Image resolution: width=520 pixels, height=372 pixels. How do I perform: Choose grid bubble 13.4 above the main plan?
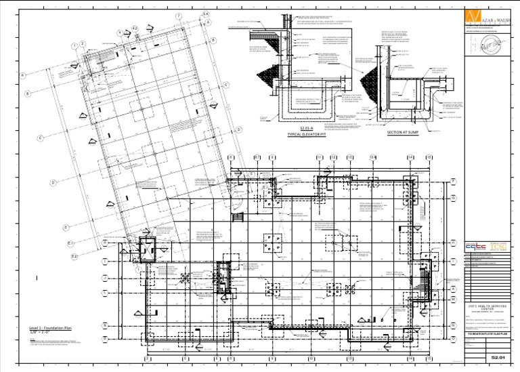coord(372,158)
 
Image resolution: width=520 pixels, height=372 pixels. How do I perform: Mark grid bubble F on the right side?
coord(453,181)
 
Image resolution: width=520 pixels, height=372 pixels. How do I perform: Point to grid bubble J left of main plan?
coord(104,278)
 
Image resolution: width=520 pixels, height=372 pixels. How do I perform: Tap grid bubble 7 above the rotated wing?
coord(178,16)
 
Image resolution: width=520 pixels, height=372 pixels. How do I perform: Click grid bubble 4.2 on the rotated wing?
coord(135,29)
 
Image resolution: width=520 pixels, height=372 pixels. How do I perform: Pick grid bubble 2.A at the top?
coord(205,13)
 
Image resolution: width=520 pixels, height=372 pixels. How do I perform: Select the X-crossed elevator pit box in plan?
coord(146,249)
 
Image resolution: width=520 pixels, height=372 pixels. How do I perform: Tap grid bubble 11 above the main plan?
coord(319,158)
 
